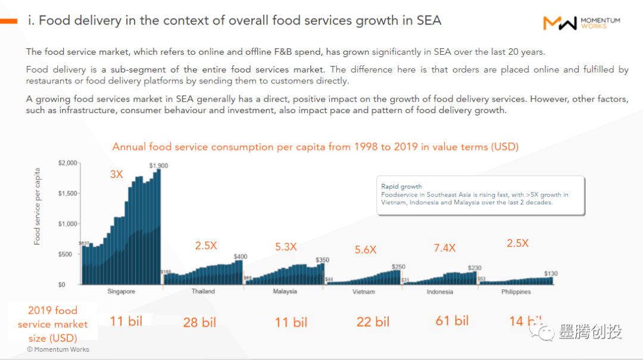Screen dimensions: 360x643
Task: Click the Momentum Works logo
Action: pyautogui.click(x=581, y=23)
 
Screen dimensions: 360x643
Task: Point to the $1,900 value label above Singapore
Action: pyautogui.click(x=158, y=165)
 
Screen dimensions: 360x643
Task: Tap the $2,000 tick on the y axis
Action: pyautogui.click(x=68, y=163)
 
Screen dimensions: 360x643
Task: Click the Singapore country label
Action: pyautogui.click(x=121, y=292)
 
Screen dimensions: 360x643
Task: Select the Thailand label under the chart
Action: pyautogui.click(x=203, y=292)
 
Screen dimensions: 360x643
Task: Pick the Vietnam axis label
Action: pyautogui.click(x=363, y=292)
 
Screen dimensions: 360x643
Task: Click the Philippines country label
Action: pyautogui.click(x=516, y=292)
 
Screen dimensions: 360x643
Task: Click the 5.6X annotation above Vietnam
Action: pyautogui.click(x=365, y=250)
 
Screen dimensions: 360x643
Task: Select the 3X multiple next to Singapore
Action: pyautogui.click(x=116, y=175)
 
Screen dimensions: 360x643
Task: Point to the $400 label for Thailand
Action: pyautogui.click(x=241, y=256)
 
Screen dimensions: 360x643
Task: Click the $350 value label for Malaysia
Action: pyautogui.click(x=322, y=260)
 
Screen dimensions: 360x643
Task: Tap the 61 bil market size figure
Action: pyautogui.click(x=452, y=321)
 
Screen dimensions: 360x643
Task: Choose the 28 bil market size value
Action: pyautogui.click(x=199, y=323)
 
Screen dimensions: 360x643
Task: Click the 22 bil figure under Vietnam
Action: pyautogui.click(x=373, y=322)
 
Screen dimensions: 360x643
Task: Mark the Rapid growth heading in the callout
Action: pyautogui.click(x=401, y=186)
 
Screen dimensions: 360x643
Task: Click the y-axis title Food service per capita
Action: pyautogui.click(x=38, y=206)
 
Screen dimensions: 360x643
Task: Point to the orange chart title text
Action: pyautogui.click(x=315, y=147)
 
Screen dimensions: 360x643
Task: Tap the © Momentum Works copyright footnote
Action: pyautogui.click(x=58, y=349)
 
